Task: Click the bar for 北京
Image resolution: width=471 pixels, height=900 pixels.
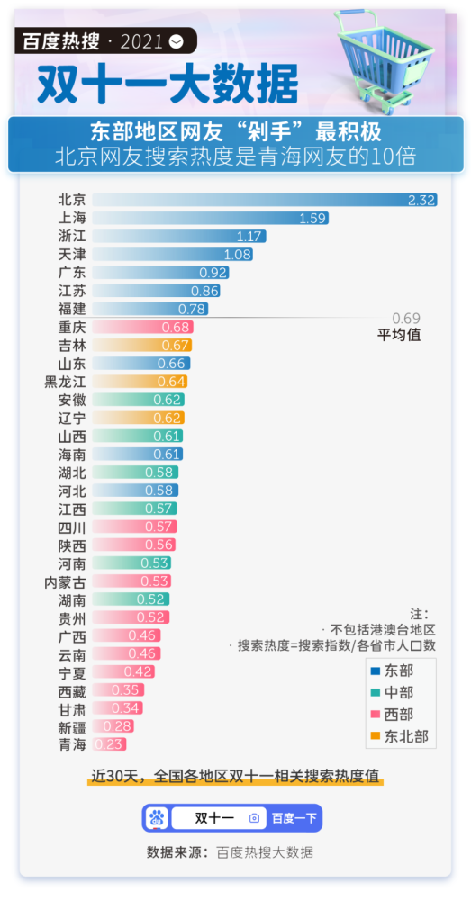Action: click(264, 200)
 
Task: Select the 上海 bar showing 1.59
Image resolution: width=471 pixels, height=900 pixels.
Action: click(210, 218)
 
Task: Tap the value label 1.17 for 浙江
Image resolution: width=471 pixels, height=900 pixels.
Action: click(249, 236)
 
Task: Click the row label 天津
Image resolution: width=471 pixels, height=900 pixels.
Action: click(72, 254)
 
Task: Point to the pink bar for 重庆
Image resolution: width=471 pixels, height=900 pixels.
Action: click(142, 327)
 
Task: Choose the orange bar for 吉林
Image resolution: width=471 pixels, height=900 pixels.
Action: click(141, 345)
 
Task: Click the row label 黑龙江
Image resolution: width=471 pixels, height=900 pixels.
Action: click(65, 382)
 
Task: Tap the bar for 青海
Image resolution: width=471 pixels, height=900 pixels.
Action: click(109, 744)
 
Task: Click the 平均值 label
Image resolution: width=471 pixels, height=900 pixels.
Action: click(399, 335)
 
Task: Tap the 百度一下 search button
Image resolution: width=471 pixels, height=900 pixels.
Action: click(294, 818)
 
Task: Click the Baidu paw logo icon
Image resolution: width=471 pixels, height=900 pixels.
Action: click(159, 818)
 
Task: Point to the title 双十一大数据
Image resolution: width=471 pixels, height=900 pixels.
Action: click(168, 84)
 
